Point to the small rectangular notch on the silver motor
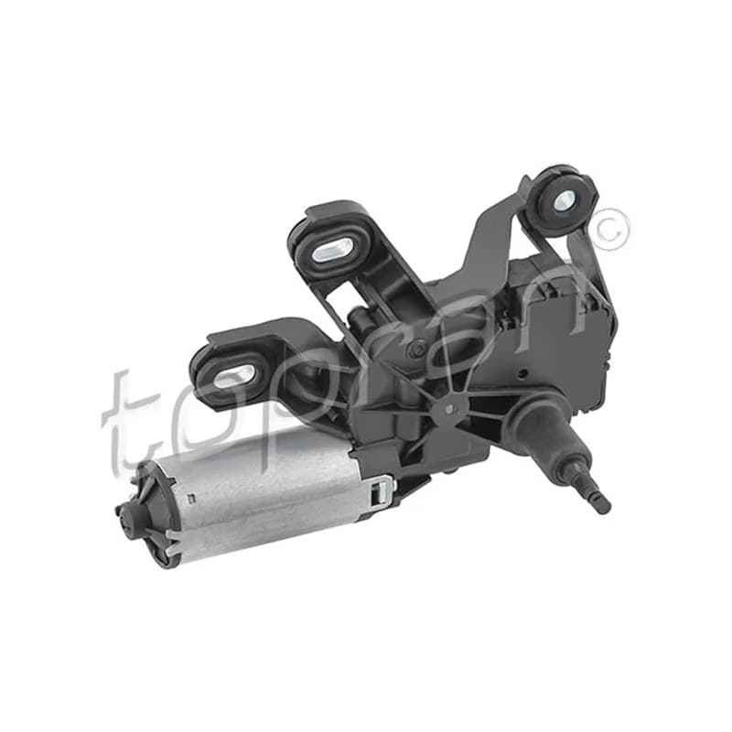click(190, 499)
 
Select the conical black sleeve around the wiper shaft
click(546, 429)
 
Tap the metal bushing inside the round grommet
click(564, 199)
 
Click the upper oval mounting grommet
click(330, 250)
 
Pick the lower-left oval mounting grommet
click(233, 373)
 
